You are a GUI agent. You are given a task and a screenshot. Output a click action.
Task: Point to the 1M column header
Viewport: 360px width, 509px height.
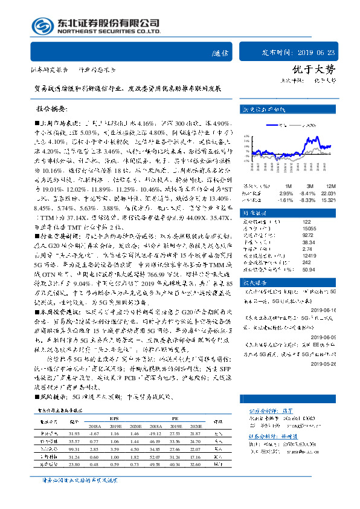[288, 186]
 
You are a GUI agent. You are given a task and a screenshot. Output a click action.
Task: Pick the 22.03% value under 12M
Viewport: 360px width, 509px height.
[327, 192]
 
